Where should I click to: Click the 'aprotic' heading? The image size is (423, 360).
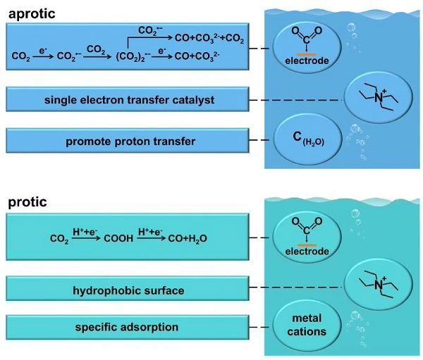coord(32,14)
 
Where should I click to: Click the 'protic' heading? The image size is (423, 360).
coord(27,202)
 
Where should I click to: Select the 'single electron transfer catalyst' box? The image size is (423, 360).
coord(128,99)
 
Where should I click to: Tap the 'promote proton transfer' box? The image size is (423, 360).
coord(128,141)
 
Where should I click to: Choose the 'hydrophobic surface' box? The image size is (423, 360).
coord(128,288)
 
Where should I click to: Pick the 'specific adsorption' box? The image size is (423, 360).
coord(128,327)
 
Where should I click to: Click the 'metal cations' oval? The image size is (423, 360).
coord(307,325)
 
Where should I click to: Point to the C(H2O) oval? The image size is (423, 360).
coord(308,138)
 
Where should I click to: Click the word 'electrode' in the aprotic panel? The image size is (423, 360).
coord(307,61)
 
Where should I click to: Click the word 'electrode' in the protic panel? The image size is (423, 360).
coord(307,252)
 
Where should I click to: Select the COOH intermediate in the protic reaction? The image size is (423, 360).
coord(118,238)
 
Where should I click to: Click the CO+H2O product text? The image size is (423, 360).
coord(188,239)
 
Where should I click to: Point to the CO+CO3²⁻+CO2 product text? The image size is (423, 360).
coord(209,38)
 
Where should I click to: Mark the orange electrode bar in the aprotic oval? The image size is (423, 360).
coord(307,54)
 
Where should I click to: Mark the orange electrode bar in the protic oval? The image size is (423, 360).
coord(307,245)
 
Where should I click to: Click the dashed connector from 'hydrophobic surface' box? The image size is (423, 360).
coord(295,287)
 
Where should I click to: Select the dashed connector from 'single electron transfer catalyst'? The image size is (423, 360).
coord(295,100)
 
